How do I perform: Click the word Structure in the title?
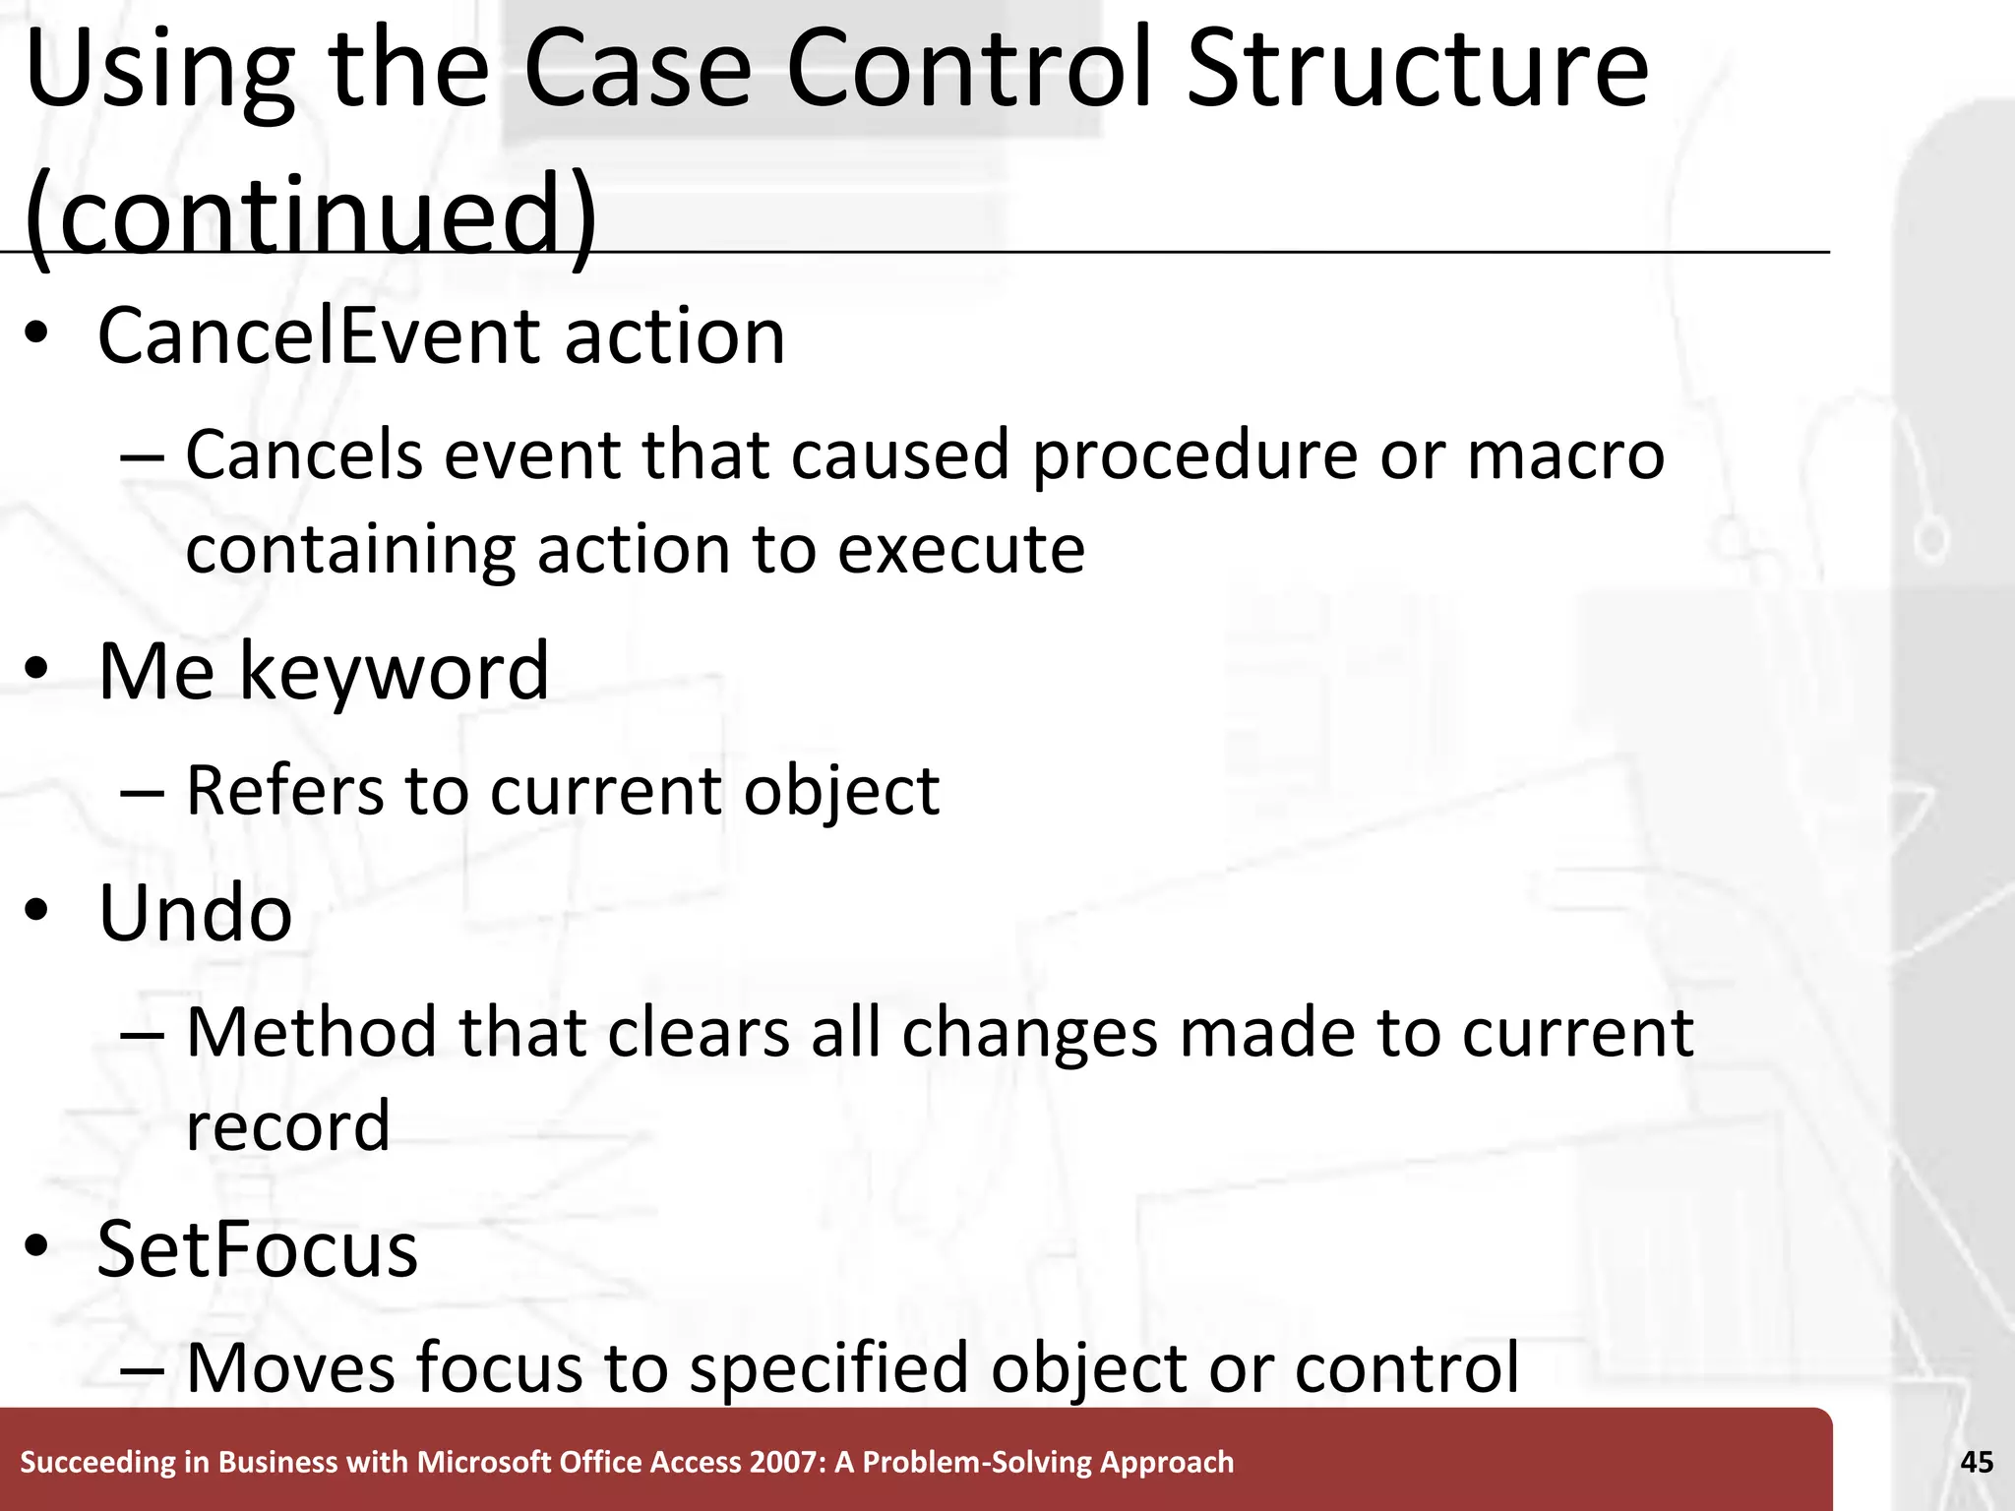(1417, 71)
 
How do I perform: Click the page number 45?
(1977, 1462)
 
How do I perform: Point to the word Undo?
(195, 913)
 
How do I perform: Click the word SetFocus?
(258, 1249)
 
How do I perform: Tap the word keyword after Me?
(394, 673)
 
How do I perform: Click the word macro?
(1564, 455)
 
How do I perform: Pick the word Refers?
(284, 790)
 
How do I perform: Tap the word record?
(287, 1125)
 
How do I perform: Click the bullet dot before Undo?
(36, 912)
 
